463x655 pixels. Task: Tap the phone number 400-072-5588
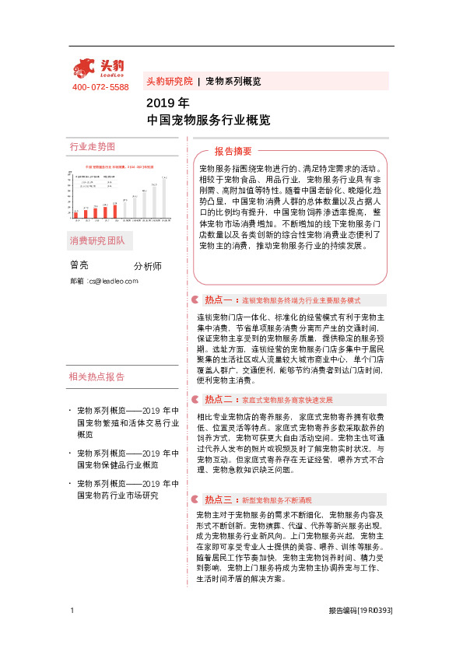coord(100,87)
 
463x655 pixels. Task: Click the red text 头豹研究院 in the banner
coord(169,81)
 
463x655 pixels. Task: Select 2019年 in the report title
coord(167,103)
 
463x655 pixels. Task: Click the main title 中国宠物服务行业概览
coord(209,121)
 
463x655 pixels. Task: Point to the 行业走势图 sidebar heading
coord(93,147)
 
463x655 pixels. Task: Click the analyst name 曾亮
coord(79,265)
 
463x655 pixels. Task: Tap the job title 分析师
coord(148,266)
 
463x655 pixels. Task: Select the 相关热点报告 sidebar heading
coord(96,377)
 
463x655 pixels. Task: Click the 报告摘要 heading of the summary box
coord(233,151)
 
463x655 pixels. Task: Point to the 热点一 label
coord(218,299)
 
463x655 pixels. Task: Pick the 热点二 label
coord(218,399)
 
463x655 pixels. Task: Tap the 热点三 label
coord(218,499)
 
